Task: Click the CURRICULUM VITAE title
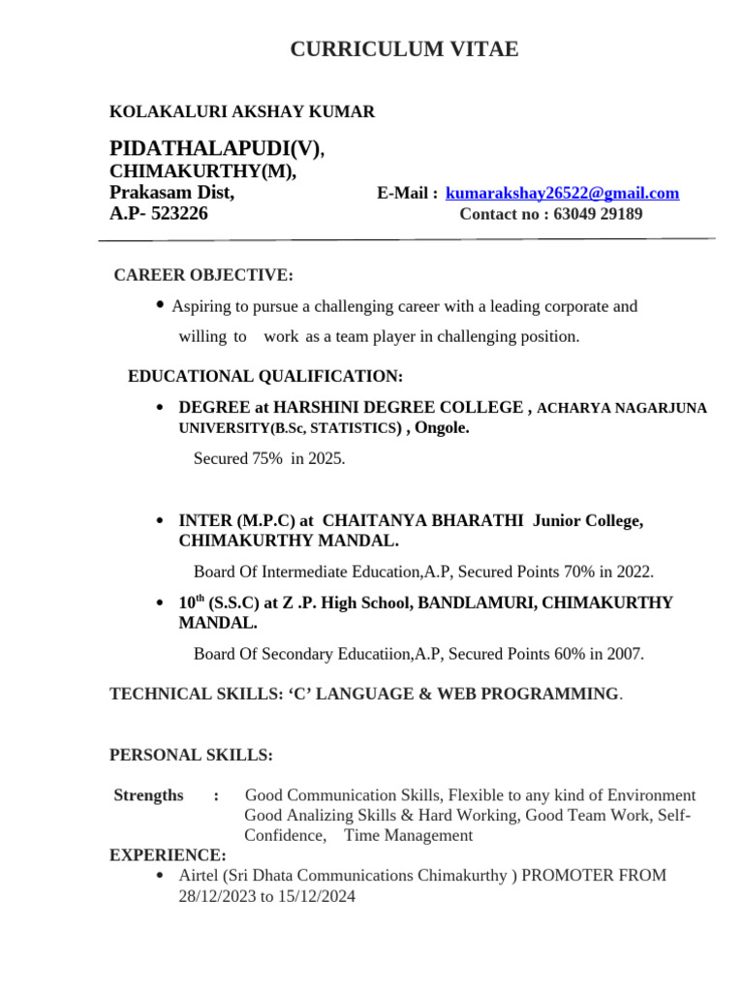[404, 49]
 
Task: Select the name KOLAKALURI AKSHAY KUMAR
[242, 112]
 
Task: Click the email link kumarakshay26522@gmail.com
[562, 194]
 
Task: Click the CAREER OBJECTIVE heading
[203, 276]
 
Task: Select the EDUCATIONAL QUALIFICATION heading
[265, 377]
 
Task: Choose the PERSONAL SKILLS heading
[191, 755]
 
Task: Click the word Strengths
[148, 795]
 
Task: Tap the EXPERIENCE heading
[168, 855]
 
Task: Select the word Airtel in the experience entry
[201, 876]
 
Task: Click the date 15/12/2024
[319, 897]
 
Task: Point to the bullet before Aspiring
[160, 305]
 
